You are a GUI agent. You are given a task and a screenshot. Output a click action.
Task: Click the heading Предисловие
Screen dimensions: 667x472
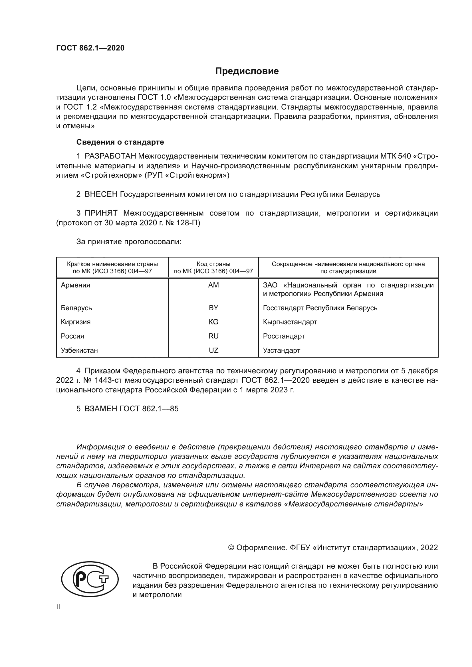pyautogui.click(x=247, y=71)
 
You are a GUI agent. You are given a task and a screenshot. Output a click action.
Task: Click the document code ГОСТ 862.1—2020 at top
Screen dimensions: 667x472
pyautogui.click(x=90, y=48)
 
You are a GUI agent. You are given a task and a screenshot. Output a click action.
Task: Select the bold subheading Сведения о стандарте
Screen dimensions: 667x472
pyautogui.click(x=120, y=142)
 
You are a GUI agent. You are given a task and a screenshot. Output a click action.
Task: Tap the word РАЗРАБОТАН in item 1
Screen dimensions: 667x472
pyautogui.click(x=110, y=156)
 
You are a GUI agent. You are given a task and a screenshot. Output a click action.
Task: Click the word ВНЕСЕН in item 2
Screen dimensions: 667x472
pyautogui.click(x=101, y=194)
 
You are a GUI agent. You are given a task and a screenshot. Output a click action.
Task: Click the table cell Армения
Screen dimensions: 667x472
pyautogui.click(x=76, y=285)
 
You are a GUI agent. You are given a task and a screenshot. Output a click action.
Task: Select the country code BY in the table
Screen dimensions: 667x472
pyautogui.click(x=213, y=308)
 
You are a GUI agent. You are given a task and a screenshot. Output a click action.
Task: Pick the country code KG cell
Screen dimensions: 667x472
pyautogui.click(x=213, y=322)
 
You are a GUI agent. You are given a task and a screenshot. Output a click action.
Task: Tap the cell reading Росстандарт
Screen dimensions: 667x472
pyautogui.click(x=284, y=336)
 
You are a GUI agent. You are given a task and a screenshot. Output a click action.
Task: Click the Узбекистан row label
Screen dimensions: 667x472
pyautogui.click(x=79, y=350)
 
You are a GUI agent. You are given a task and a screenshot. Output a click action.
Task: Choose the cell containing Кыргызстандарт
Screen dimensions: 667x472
pyautogui.click(x=290, y=322)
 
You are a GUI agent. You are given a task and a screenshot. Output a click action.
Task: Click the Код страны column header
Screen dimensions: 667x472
pyautogui.click(x=213, y=264)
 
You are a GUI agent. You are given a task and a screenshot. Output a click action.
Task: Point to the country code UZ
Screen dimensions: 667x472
pyautogui.click(x=213, y=350)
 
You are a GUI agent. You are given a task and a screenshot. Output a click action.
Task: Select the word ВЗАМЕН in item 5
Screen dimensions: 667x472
pyautogui.click(x=100, y=409)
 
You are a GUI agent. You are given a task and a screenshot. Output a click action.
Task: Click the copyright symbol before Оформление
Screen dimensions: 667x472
pyautogui.click(x=231, y=548)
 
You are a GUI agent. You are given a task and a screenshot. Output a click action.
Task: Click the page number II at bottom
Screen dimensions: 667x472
pyautogui.click(x=58, y=607)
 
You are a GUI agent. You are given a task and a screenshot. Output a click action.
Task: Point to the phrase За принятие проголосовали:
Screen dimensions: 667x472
pyautogui.click(x=129, y=242)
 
